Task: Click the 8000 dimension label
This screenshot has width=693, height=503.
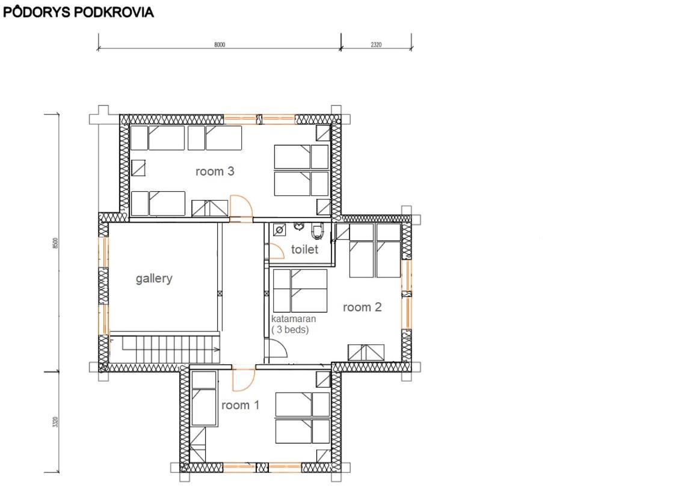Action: pyautogui.click(x=220, y=44)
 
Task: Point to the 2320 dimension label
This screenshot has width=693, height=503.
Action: pyautogui.click(x=376, y=44)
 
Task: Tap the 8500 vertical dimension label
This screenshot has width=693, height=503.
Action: pyautogui.click(x=55, y=243)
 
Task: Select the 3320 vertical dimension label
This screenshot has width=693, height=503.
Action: pyautogui.click(x=55, y=422)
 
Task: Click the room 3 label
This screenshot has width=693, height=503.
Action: pyautogui.click(x=215, y=171)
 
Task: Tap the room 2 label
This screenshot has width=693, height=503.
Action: pyautogui.click(x=362, y=307)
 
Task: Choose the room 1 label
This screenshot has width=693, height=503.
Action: pyautogui.click(x=241, y=405)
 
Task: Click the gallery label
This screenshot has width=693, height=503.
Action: pyautogui.click(x=154, y=279)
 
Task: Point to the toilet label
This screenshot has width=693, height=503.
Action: pyautogui.click(x=304, y=249)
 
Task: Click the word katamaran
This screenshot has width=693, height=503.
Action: pyautogui.click(x=294, y=319)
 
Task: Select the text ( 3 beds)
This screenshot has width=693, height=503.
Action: pyautogui.click(x=290, y=329)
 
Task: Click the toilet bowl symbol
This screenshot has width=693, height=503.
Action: pyautogui.click(x=317, y=231)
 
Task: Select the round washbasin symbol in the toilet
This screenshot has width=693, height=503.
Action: pyautogui.click(x=299, y=227)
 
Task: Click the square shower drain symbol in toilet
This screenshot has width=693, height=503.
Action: pyautogui.click(x=279, y=230)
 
